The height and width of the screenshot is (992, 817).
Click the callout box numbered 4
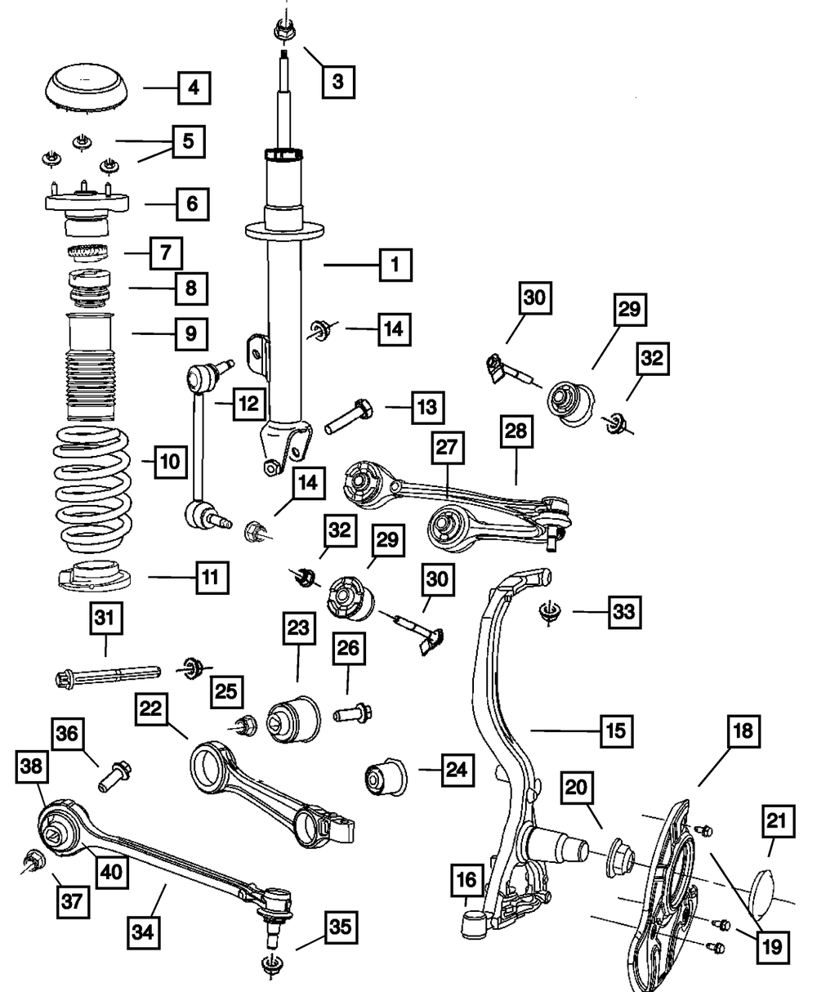click(x=194, y=88)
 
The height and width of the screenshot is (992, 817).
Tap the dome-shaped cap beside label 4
click(x=87, y=88)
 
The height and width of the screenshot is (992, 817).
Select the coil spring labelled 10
click(x=92, y=489)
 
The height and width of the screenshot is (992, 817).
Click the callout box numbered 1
click(x=395, y=265)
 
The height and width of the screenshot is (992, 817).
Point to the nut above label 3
click(x=284, y=31)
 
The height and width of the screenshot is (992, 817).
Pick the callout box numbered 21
click(x=779, y=821)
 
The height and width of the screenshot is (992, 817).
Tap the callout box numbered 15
click(x=616, y=731)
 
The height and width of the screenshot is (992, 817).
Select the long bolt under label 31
click(x=108, y=676)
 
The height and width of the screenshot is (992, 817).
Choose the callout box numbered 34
click(x=144, y=932)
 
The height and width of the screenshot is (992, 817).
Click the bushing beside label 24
click(x=386, y=778)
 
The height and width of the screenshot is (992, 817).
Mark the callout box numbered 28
click(x=516, y=431)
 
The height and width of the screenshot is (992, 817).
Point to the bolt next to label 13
click(x=349, y=416)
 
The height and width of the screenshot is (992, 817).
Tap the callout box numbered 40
click(x=112, y=872)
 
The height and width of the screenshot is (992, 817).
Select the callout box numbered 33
click(x=624, y=612)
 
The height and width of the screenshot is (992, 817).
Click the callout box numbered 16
click(x=467, y=880)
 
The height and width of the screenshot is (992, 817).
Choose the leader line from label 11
click(x=172, y=577)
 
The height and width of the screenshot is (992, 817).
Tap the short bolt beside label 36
click(x=115, y=776)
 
